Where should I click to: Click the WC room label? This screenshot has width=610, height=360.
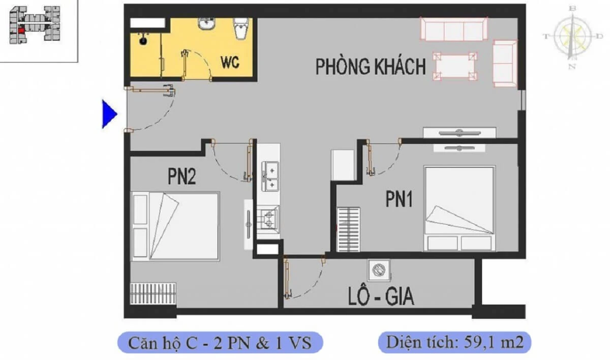click(x=230, y=63)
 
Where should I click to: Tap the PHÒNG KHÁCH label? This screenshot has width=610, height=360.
click(x=371, y=67)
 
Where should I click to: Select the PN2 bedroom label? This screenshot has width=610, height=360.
click(x=181, y=176)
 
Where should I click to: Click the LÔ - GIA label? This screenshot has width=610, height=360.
click(x=381, y=296)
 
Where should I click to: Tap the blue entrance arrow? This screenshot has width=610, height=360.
click(x=109, y=114)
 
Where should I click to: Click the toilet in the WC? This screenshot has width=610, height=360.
click(x=241, y=28)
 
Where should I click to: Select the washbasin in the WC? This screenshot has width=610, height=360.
click(x=206, y=23)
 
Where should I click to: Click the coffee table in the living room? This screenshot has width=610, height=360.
click(x=455, y=66)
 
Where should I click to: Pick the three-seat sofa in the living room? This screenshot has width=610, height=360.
click(x=454, y=29)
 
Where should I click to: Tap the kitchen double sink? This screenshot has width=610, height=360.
click(x=270, y=176)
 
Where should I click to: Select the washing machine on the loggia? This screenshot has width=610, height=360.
click(x=379, y=270)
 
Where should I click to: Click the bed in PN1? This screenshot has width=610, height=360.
click(x=460, y=208)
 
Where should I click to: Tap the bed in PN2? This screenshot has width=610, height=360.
click(x=175, y=226)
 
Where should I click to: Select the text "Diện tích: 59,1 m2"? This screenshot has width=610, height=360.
click(x=454, y=342)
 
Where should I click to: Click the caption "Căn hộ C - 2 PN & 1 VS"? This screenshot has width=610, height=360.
click(x=220, y=343)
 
